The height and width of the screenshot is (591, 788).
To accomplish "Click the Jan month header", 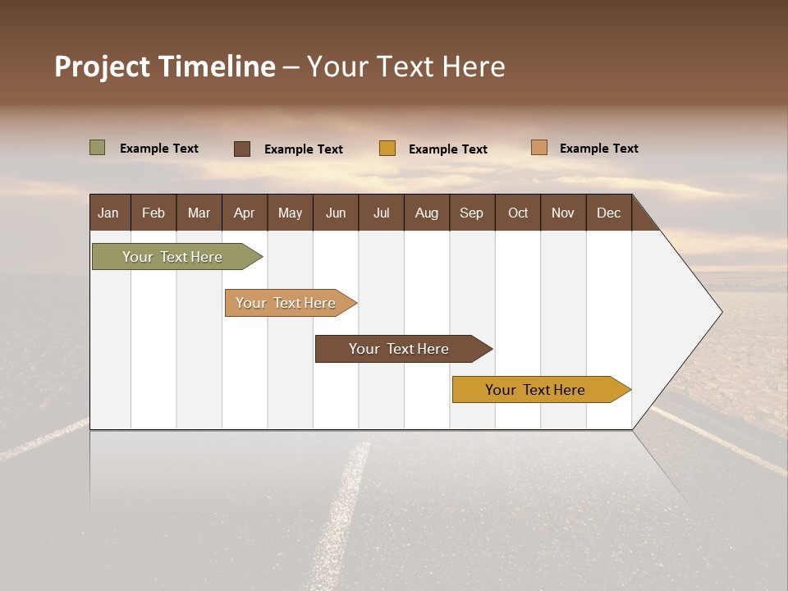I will [x=109, y=213].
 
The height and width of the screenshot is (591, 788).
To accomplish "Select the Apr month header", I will [x=245, y=213].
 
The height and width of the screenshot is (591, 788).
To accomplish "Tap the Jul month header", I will [x=381, y=213].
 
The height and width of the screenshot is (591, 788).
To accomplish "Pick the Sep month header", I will [x=472, y=213].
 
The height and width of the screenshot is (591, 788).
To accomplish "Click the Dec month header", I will [x=608, y=213].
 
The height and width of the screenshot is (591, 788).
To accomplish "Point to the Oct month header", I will [x=518, y=213].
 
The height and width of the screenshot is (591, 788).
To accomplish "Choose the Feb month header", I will [x=153, y=213].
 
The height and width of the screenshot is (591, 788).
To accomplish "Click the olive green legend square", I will [x=98, y=148].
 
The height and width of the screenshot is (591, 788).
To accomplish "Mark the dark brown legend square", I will [x=242, y=149].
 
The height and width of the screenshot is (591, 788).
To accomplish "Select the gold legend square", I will [x=387, y=149].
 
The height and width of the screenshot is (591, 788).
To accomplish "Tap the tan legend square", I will [x=539, y=148].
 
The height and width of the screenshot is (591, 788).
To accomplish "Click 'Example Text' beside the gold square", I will [x=448, y=149].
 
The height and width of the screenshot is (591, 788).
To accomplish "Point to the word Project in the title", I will [x=103, y=66].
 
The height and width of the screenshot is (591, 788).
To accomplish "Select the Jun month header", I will [x=336, y=213].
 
